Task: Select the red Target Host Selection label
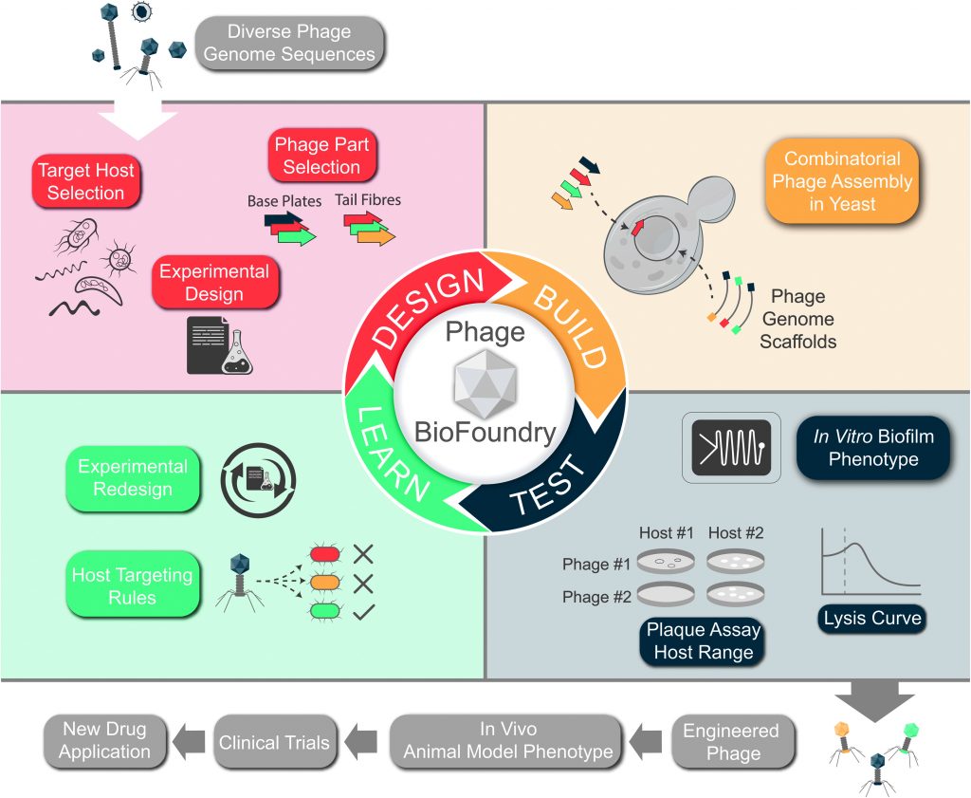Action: (x=86, y=182)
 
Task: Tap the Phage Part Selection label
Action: (x=322, y=157)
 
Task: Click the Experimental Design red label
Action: (x=214, y=283)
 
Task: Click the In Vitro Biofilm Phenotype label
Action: (x=873, y=448)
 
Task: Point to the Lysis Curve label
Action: (x=871, y=618)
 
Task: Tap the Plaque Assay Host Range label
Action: (x=704, y=641)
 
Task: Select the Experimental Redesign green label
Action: (x=132, y=478)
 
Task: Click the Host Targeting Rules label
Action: (x=132, y=586)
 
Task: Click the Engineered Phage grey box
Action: (x=731, y=742)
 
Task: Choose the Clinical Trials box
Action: (x=274, y=742)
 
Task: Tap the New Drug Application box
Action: (x=106, y=740)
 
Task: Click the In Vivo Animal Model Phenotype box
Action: (x=508, y=741)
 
